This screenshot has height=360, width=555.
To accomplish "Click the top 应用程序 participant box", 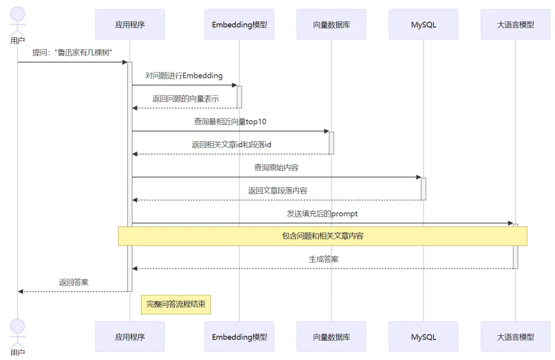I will pyautogui.click(x=129, y=24).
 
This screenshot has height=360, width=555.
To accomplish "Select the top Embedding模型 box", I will pyautogui.click(x=239, y=24).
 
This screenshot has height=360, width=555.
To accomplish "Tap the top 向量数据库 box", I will pyautogui.click(x=331, y=24).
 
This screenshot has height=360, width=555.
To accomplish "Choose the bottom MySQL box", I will pyautogui.click(x=423, y=337).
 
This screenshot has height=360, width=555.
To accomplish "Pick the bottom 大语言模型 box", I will pyautogui.click(x=515, y=337).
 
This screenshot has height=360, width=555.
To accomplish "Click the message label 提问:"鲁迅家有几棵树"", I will pyautogui.click(x=72, y=52).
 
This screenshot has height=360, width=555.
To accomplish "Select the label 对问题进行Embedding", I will pyautogui.click(x=184, y=75).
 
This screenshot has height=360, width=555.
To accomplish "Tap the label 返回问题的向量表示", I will pyautogui.click(x=186, y=99).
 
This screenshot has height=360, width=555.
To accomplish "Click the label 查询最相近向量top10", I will pyautogui.click(x=230, y=122).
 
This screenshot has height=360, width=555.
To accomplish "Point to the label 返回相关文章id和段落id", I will pyautogui.click(x=231, y=145).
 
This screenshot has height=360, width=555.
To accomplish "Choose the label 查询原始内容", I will pyautogui.click(x=276, y=167).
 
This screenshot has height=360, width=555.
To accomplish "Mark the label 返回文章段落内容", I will pyautogui.click(x=277, y=191).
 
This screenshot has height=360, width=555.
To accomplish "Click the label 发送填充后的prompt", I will pyautogui.click(x=322, y=214).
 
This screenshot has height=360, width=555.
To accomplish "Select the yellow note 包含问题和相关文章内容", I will pyautogui.click(x=323, y=236).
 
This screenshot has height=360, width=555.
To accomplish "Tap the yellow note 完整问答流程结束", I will pyautogui.click(x=176, y=304).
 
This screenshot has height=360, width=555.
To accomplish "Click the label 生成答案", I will pyautogui.click(x=324, y=259).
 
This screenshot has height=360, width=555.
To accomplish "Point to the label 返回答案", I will pyautogui.click(x=73, y=282).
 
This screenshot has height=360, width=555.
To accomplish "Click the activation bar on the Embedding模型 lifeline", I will pyautogui.click(x=239, y=97).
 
